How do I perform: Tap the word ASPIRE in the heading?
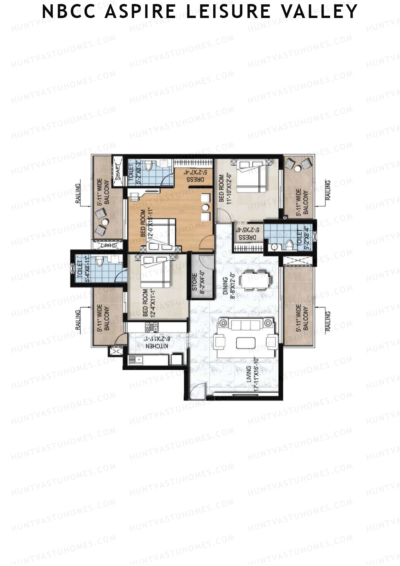coord(140,12)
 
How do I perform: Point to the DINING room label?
coord(225,286)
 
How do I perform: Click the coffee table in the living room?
coord(246,343)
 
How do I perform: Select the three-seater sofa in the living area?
coord(245,325)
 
